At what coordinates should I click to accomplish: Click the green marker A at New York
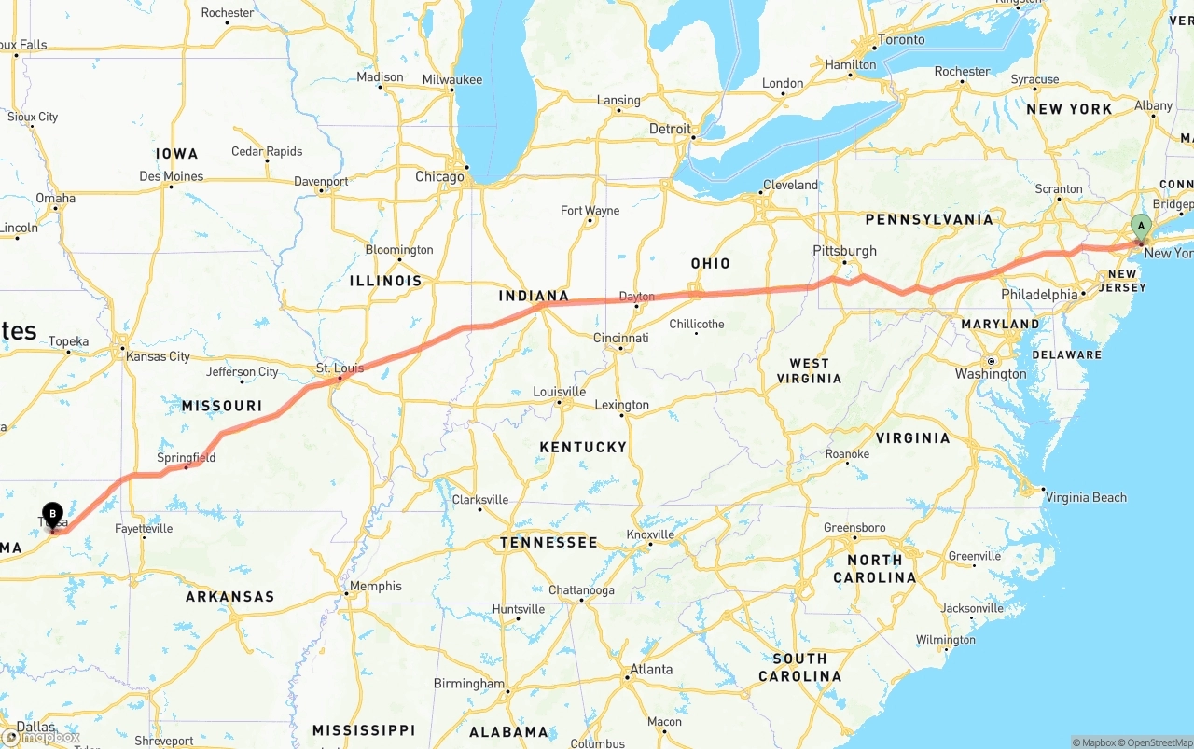[x=1141, y=227]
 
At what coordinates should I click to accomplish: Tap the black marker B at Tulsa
[x=53, y=513]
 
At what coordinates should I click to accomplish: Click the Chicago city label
[x=439, y=176]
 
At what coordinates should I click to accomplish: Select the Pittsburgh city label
[x=844, y=250]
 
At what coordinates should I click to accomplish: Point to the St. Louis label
[x=340, y=368]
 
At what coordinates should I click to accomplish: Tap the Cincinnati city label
[x=620, y=338]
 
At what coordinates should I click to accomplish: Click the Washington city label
[x=991, y=374]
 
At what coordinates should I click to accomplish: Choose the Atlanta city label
[x=650, y=669]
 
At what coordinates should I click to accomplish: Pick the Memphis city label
[x=377, y=586]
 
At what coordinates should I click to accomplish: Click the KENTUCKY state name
[x=583, y=447]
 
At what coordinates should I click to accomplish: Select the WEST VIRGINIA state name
[x=809, y=370]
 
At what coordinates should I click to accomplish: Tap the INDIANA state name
[x=534, y=296]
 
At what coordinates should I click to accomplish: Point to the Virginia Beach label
[x=1086, y=497]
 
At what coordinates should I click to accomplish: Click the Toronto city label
[x=901, y=39]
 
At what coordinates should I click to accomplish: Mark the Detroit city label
[x=670, y=129]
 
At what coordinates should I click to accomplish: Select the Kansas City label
[x=158, y=356]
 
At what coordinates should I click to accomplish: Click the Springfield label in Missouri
[x=187, y=457]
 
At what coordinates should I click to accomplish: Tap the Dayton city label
[x=637, y=297]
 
